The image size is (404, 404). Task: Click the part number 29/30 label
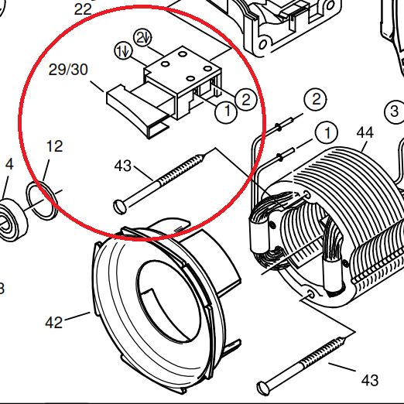(x=68, y=70)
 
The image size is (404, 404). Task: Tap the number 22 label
(x=83, y=9)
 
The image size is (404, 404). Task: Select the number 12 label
(x=54, y=146)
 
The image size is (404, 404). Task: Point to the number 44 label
(x=365, y=133)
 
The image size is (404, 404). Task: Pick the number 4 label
(x=9, y=164)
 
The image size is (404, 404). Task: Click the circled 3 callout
(x=394, y=111)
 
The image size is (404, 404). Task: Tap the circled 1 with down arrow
(x=123, y=51)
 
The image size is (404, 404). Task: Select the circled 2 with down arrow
(x=142, y=38)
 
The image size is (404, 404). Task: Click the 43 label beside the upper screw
(x=123, y=166)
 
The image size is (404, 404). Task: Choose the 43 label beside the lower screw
(x=370, y=380)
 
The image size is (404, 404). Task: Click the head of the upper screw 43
(x=120, y=207)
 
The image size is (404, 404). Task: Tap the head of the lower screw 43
(x=263, y=388)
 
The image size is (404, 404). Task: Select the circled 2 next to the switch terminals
(x=246, y=99)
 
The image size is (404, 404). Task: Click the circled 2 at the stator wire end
(x=316, y=99)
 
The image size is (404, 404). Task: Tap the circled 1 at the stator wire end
(x=327, y=133)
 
